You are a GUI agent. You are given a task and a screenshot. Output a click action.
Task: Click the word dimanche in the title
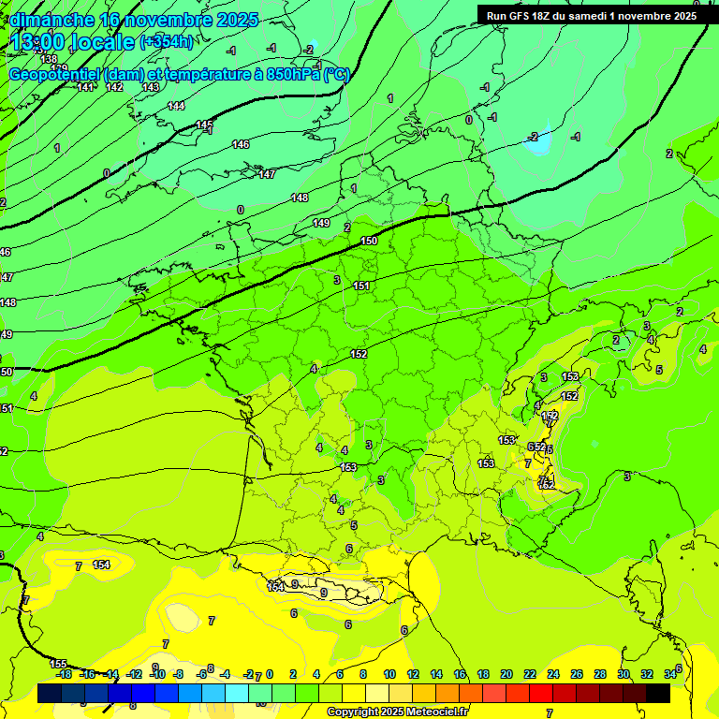pos(51,20)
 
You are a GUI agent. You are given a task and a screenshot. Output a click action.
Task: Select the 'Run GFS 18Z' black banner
pos(591,15)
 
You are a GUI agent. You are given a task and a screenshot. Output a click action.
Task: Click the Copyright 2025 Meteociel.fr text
pos(397,712)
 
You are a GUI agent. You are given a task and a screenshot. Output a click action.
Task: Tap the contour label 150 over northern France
pos(369,242)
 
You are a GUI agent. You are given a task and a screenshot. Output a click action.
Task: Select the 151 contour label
pos(361,286)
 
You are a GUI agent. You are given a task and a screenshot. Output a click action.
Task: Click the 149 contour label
pos(321,223)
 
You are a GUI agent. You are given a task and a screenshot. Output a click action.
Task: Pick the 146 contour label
pos(241,144)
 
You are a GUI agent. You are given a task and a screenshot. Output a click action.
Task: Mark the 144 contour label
pos(176,106)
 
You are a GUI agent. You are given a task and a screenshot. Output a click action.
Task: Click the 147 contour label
pos(267,175)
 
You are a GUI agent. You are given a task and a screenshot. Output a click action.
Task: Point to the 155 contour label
pos(58,663)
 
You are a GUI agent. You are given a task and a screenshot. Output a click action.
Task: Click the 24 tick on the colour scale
pos(553,674)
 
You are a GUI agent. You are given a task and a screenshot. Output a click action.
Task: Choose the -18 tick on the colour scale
pos(64,674)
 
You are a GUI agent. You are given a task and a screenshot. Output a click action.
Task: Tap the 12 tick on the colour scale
pos(413,674)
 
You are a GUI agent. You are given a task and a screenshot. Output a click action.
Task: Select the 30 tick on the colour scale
pos(624,674)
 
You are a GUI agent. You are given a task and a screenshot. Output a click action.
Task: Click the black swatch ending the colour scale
pos(657,693)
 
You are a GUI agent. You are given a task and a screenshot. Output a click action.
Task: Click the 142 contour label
pos(114,87)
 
